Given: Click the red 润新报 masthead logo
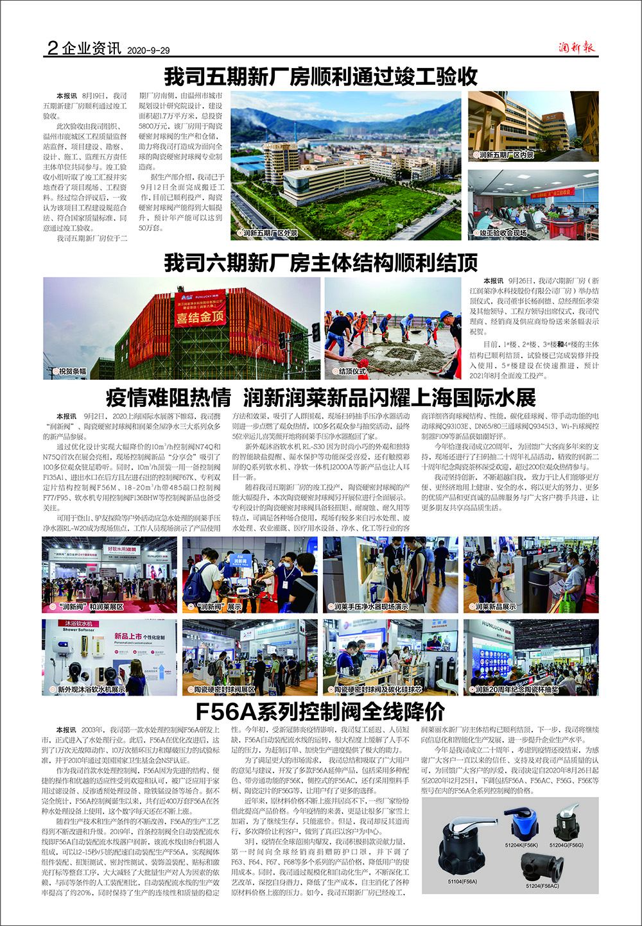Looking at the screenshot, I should pyautogui.click(x=576, y=47).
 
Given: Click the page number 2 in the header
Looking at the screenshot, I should pyautogui.click(x=53, y=48).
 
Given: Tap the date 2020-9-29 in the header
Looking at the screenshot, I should pyautogui.click(x=148, y=51).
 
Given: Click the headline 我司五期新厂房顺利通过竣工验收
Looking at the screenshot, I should pyautogui.click(x=321, y=76).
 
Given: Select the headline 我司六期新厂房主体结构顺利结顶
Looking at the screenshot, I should pyautogui.click(x=321, y=262).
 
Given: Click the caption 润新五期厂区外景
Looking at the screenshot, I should pyautogui.click(x=270, y=234).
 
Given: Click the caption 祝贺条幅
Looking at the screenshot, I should pyautogui.click(x=72, y=372).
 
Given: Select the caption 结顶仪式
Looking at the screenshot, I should pyautogui.click(x=352, y=372).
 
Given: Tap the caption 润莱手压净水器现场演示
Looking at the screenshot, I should pyautogui.click(x=370, y=606).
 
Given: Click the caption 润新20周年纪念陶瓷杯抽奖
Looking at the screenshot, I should pyautogui.click(x=516, y=690).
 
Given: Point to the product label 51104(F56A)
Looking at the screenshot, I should pyautogui.click(x=462, y=882).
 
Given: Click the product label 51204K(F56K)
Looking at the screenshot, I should pyautogui.click(x=521, y=846).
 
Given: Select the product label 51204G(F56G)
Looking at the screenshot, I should pyautogui.click(x=566, y=846).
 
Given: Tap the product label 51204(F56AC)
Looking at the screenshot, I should pyautogui.click(x=542, y=886).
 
